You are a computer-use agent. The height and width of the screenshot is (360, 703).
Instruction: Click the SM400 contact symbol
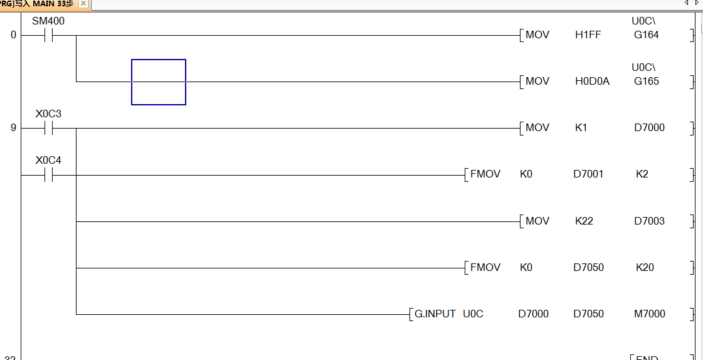click(x=48, y=36)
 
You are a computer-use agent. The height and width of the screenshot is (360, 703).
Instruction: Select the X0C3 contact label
click(x=48, y=114)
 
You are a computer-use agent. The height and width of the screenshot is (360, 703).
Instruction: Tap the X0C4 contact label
click(x=48, y=161)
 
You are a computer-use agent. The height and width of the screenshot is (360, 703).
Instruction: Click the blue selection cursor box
click(x=158, y=82)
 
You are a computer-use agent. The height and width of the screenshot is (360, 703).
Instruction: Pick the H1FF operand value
click(x=588, y=35)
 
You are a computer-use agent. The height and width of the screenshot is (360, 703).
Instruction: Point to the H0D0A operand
click(x=592, y=82)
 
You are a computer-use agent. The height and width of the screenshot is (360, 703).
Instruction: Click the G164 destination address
click(x=646, y=35)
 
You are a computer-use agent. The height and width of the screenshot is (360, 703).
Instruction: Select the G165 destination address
click(x=646, y=82)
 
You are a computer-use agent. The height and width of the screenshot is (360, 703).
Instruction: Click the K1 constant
click(x=581, y=128)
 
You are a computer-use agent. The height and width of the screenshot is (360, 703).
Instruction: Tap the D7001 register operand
click(x=588, y=174)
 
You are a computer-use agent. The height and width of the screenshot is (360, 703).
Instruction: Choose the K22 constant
click(x=584, y=221)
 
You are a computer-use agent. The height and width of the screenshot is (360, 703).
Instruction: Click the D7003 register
click(x=649, y=221)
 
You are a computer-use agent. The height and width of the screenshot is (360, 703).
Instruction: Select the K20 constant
click(x=645, y=267)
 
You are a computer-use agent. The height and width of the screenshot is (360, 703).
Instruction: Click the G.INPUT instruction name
click(x=435, y=314)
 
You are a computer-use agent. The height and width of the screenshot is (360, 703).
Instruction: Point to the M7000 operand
click(x=649, y=314)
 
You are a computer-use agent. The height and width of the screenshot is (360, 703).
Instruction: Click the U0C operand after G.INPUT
click(x=473, y=314)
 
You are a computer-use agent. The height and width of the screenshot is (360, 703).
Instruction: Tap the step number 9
click(x=13, y=128)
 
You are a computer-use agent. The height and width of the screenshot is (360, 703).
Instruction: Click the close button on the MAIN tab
click(x=83, y=4)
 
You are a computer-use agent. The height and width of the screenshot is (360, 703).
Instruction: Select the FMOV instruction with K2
click(x=485, y=174)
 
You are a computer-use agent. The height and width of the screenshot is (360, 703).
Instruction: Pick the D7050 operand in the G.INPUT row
click(x=588, y=314)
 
